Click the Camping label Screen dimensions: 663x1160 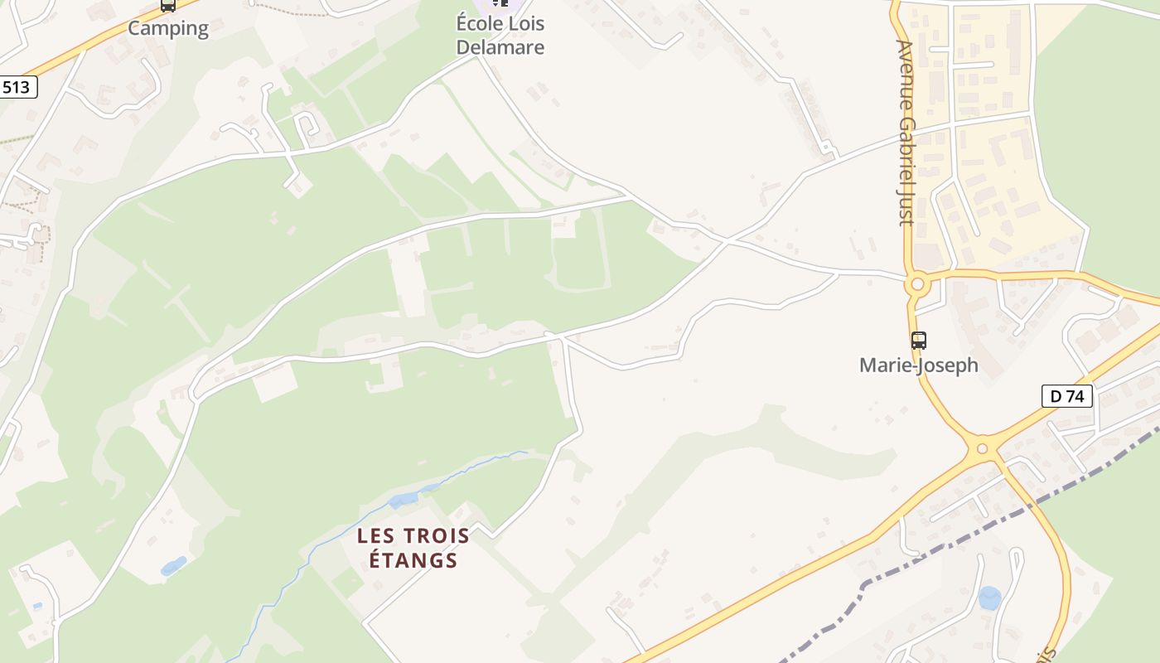point(168,28)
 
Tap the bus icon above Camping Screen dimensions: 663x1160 point(168,5)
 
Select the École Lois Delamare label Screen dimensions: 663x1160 point(500,36)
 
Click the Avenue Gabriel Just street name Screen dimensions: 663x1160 point(906,133)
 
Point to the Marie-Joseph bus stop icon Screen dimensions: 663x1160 point(918,340)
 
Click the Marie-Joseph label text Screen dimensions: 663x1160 point(919,365)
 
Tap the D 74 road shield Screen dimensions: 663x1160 point(1066,396)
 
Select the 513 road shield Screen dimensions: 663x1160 point(18,87)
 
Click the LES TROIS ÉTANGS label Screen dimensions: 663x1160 point(413,548)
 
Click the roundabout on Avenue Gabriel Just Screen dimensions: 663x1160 point(916,285)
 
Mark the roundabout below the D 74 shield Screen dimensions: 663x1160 point(983,448)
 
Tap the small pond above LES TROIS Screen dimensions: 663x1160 point(404,499)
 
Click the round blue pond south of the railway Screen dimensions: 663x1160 point(989,598)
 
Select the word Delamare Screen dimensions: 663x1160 point(500,47)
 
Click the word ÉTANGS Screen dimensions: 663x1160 point(413,560)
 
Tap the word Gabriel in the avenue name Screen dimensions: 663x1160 point(906,150)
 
